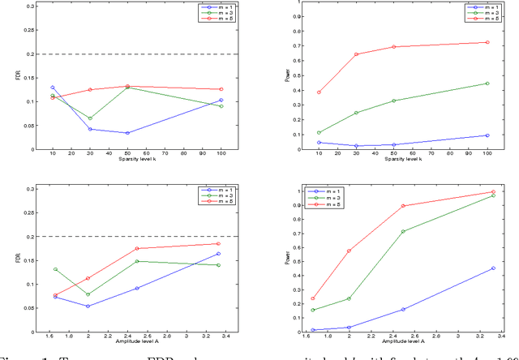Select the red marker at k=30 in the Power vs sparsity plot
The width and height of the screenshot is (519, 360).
(x=356, y=54)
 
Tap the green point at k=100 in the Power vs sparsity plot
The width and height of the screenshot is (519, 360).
(x=487, y=83)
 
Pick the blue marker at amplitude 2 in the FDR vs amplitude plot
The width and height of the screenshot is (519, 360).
(x=87, y=306)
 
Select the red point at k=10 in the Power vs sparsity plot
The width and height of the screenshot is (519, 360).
(x=319, y=92)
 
